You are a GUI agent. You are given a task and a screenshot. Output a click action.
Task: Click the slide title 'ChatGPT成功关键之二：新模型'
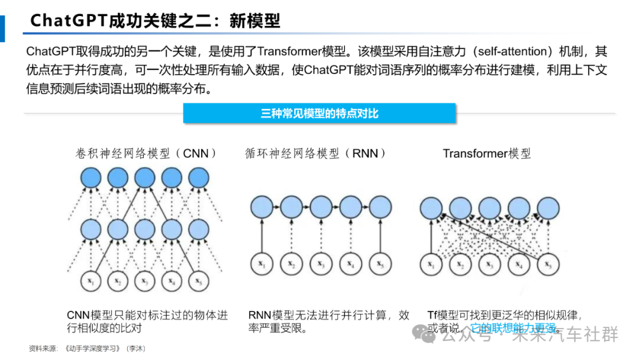[x=155, y=21]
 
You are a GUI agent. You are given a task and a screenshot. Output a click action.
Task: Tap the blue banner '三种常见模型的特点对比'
[x=319, y=113]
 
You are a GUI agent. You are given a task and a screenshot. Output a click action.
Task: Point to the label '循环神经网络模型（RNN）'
[x=317, y=153]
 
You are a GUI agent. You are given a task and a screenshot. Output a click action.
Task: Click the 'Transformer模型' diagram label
[x=487, y=153]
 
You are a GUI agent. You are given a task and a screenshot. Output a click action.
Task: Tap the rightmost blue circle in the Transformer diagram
[x=547, y=208]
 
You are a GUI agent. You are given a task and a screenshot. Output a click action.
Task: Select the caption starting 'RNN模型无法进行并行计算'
[x=328, y=321]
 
